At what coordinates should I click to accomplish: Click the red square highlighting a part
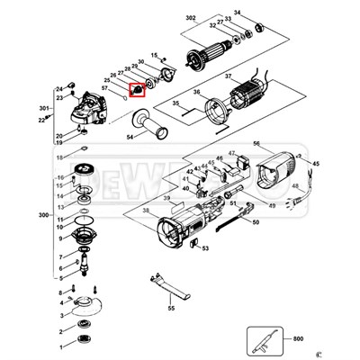point(137,90)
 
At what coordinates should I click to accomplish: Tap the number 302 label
point(190,18)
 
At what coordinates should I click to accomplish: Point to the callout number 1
point(60,346)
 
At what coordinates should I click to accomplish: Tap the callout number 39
point(166,197)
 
